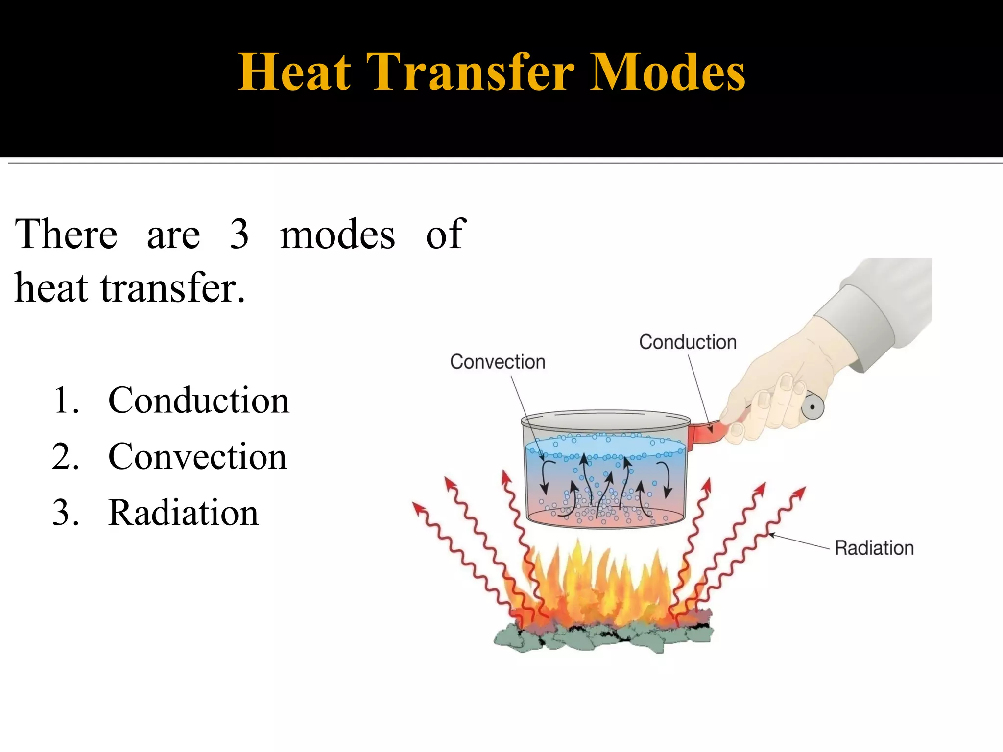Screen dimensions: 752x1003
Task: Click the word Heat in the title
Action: click(x=294, y=72)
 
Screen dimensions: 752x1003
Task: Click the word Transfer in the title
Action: click(x=470, y=72)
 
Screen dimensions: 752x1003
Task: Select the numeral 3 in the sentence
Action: click(x=239, y=234)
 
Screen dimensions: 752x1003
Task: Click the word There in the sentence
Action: click(x=66, y=234)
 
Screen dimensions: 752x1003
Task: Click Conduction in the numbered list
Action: click(x=198, y=400)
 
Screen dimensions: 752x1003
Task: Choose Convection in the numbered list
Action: click(x=197, y=456)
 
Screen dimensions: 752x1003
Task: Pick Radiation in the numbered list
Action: click(x=183, y=513)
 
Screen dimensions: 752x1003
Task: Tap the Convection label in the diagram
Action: click(x=498, y=362)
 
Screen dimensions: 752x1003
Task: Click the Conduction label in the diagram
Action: click(x=688, y=342)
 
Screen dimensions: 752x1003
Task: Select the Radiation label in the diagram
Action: click(x=874, y=548)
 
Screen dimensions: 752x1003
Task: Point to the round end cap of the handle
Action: click(x=812, y=407)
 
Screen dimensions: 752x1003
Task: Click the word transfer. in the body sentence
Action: click(x=172, y=288)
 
